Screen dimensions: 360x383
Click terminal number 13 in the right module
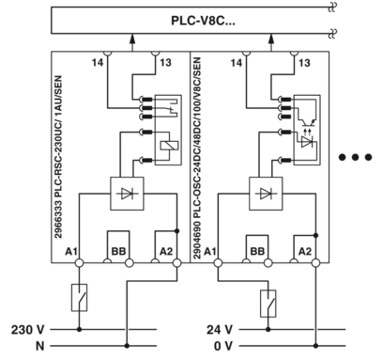pyautogui.click(x=306, y=62)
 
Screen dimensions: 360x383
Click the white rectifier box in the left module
pyautogui.click(x=126, y=194)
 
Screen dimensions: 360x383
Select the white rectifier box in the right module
pyautogui.click(x=268, y=194)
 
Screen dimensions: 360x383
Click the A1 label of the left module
pyautogui.click(x=69, y=252)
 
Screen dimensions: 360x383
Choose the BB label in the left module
pyautogui.click(x=118, y=252)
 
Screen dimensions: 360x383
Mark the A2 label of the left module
pyautogui.click(x=166, y=252)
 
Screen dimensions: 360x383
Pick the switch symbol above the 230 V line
pyautogui.click(x=79, y=300)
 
